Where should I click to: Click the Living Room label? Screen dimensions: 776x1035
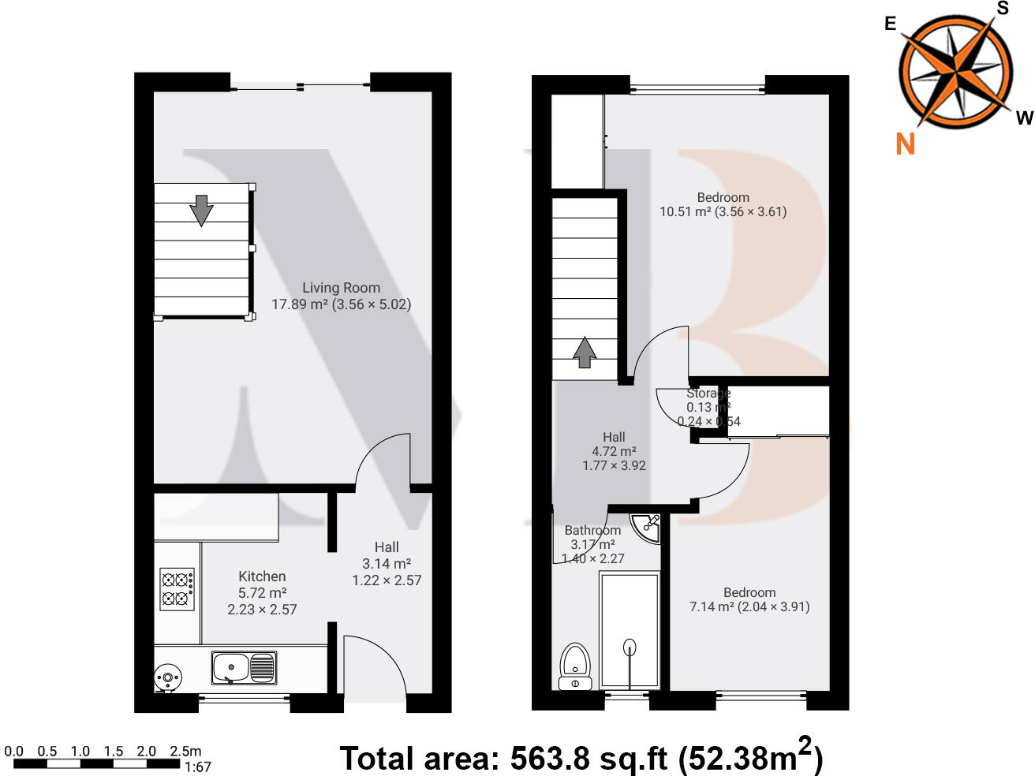click(341, 288)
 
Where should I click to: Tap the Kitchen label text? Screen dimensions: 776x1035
click(262, 576)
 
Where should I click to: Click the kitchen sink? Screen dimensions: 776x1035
click(244, 667)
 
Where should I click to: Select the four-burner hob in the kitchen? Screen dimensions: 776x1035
click(177, 589)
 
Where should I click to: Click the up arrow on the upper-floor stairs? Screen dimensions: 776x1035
click(584, 353)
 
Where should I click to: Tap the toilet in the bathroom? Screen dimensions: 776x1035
click(575, 665)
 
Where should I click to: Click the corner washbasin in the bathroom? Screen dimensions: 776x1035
click(648, 527)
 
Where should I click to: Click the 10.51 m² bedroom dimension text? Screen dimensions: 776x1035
click(723, 211)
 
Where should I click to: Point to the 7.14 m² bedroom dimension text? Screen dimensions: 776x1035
click(749, 606)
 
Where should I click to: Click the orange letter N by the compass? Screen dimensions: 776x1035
click(906, 144)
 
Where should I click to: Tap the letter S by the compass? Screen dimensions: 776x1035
click(1003, 9)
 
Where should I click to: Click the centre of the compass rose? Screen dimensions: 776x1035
click(955, 73)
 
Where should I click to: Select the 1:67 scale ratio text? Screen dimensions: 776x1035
click(197, 767)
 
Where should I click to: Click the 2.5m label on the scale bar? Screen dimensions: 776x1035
click(186, 751)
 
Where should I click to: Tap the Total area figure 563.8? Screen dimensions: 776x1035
click(550, 759)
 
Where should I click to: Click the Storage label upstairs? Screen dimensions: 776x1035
click(708, 393)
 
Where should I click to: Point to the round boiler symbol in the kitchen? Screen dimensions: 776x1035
click(168, 677)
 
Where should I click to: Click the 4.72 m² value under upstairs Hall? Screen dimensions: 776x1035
click(614, 451)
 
